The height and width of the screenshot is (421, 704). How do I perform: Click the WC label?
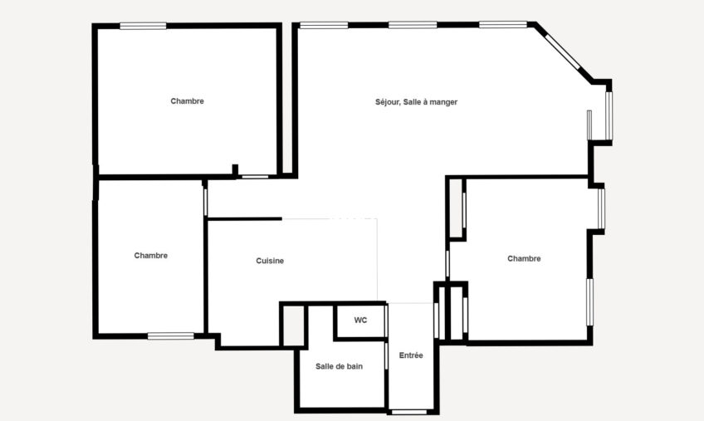pos(360,321)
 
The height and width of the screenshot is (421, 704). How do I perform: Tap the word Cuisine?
pos(270,261)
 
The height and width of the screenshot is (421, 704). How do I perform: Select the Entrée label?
pos(411,355)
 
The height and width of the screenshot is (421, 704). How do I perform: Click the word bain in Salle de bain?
pos(354,367)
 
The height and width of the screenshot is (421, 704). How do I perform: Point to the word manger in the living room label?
pos(443,102)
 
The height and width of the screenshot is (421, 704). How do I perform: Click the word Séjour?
pos(388,102)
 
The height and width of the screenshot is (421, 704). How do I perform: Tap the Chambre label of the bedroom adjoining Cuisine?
pos(151,256)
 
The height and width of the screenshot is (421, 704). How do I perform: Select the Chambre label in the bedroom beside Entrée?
pos(524,259)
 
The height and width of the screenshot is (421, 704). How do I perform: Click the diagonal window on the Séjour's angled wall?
pos(563,51)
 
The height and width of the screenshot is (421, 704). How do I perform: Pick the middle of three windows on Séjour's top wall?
pos(413,25)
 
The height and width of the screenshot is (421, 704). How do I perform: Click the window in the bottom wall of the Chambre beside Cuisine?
pos(171,335)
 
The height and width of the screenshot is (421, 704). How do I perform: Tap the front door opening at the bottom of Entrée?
pos(409,412)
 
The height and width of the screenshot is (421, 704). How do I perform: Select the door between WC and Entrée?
pos(386,321)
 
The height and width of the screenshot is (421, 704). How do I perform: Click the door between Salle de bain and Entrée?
pos(386,356)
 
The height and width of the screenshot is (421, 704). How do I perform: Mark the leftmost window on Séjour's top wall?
pos(324,25)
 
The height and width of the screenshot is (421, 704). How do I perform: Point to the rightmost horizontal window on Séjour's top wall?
pos(503,24)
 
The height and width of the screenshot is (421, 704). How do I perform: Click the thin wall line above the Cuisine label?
pos(245,219)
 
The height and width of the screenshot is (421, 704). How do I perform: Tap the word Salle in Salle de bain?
pos(323,367)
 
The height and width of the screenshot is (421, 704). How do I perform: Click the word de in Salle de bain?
pos(339,367)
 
